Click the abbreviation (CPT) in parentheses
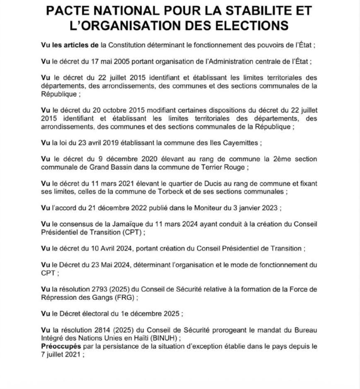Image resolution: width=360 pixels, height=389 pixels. (x=135, y=232)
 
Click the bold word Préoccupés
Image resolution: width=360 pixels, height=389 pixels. (x=61, y=346)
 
